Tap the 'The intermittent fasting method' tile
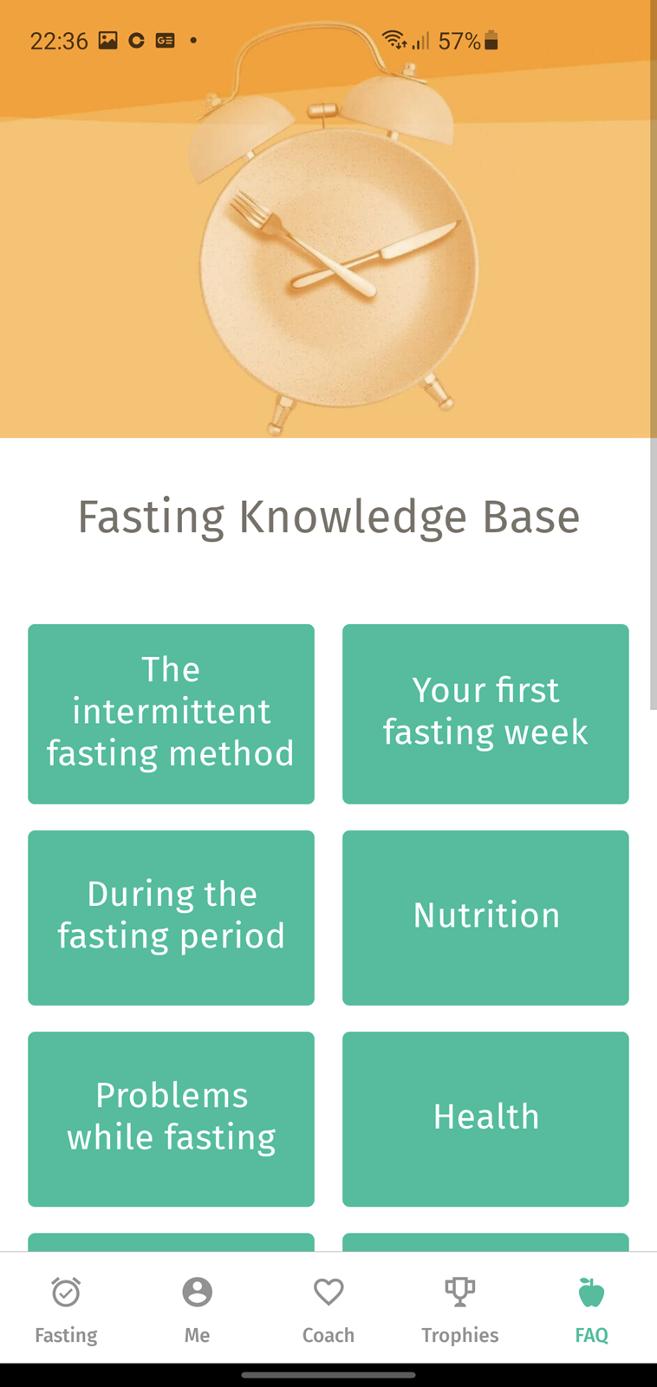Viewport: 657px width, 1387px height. pyautogui.click(x=171, y=713)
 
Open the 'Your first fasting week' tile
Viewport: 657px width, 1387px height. pyautogui.click(x=485, y=713)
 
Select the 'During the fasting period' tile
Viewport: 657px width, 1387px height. pyautogui.click(x=171, y=917)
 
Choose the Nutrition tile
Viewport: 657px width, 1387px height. pyautogui.click(x=485, y=917)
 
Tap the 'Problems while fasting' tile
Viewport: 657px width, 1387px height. pyautogui.click(x=171, y=1119)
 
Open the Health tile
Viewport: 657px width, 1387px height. pyautogui.click(x=485, y=1119)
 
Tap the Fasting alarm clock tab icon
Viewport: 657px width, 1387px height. pyautogui.click(x=66, y=1292)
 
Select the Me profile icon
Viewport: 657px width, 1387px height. pyautogui.click(x=197, y=1292)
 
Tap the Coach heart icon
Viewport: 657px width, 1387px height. pyautogui.click(x=328, y=1292)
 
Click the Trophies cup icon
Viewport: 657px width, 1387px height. pyautogui.click(x=460, y=1293)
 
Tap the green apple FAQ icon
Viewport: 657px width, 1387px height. pyautogui.click(x=591, y=1292)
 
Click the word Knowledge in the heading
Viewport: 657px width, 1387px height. pyautogui.click(x=353, y=517)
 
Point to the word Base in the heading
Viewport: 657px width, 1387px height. pyautogui.click(x=531, y=516)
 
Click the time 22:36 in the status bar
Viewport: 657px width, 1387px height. pyautogui.click(x=59, y=41)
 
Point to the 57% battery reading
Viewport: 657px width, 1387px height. pyautogui.click(x=459, y=41)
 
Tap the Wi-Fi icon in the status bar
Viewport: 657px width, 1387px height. pyautogui.click(x=394, y=39)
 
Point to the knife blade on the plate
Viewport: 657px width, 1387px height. pyautogui.click(x=422, y=239)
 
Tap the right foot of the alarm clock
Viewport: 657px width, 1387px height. pyautogui.click(x=439, y=392)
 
